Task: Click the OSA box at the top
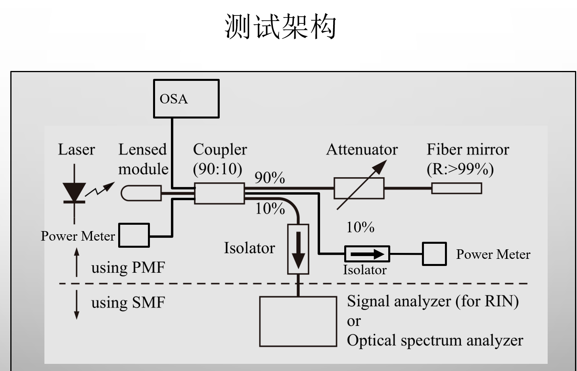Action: coord(186,99)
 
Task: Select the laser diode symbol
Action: coord(74,193)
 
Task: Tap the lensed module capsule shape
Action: coord(141,193)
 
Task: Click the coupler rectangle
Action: coord(219,194)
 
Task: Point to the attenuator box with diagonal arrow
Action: coord(359,188)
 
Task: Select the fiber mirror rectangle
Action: coord(456,188)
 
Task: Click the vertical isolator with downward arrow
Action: coord(298,249)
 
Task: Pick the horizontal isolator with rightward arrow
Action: coord(367,254)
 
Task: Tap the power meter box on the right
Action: coord(434,254)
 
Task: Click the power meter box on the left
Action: coord(134,235)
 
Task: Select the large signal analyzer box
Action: coord(298,321)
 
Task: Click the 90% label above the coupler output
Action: coord(270,178)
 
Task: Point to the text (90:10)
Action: coord(217,169)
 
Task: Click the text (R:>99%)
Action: coord(460,169)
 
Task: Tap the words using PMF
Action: coord(128,268)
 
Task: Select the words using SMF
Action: coord(128,303)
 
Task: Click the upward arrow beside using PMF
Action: coord(77,262)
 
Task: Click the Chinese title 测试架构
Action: coord(280,27)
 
